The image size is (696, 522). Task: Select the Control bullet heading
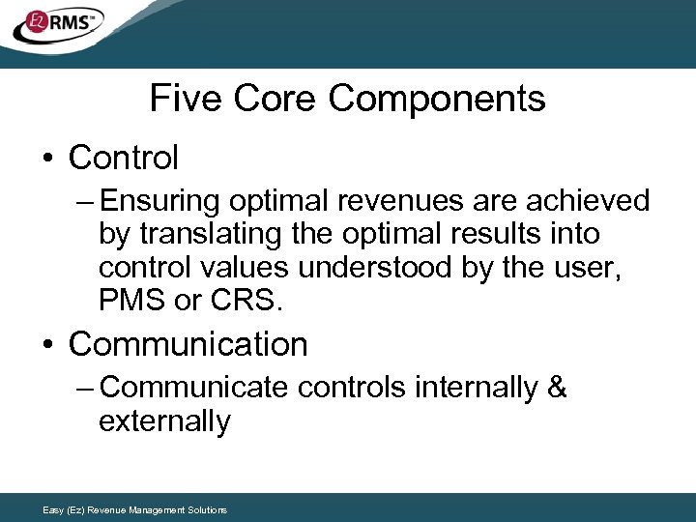pos(124,157)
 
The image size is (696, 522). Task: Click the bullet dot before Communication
pos(49,345)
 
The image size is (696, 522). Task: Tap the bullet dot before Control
pos(49,158)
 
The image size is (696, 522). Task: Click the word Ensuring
pos(159,201)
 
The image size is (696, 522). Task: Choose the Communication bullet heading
pos(188,344)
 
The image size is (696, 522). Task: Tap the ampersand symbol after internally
pos(557,388)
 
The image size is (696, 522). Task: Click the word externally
pos(164,421)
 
